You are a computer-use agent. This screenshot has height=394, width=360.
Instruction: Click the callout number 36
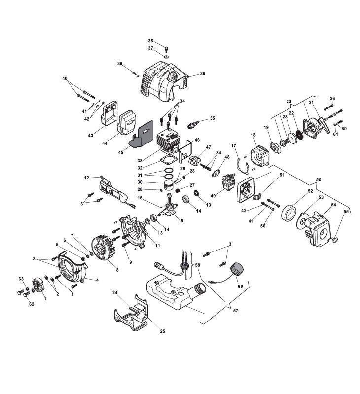tap(202, 74)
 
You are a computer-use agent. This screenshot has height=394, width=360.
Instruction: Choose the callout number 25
tap(162, 331)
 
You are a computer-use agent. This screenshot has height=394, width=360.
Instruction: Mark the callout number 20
tap(289, 101)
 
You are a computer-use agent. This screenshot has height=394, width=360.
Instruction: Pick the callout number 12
tap(86, 177)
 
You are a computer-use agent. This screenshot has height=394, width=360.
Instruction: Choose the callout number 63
tap(21, 279)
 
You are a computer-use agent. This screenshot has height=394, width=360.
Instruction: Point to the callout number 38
tap(151, 41)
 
